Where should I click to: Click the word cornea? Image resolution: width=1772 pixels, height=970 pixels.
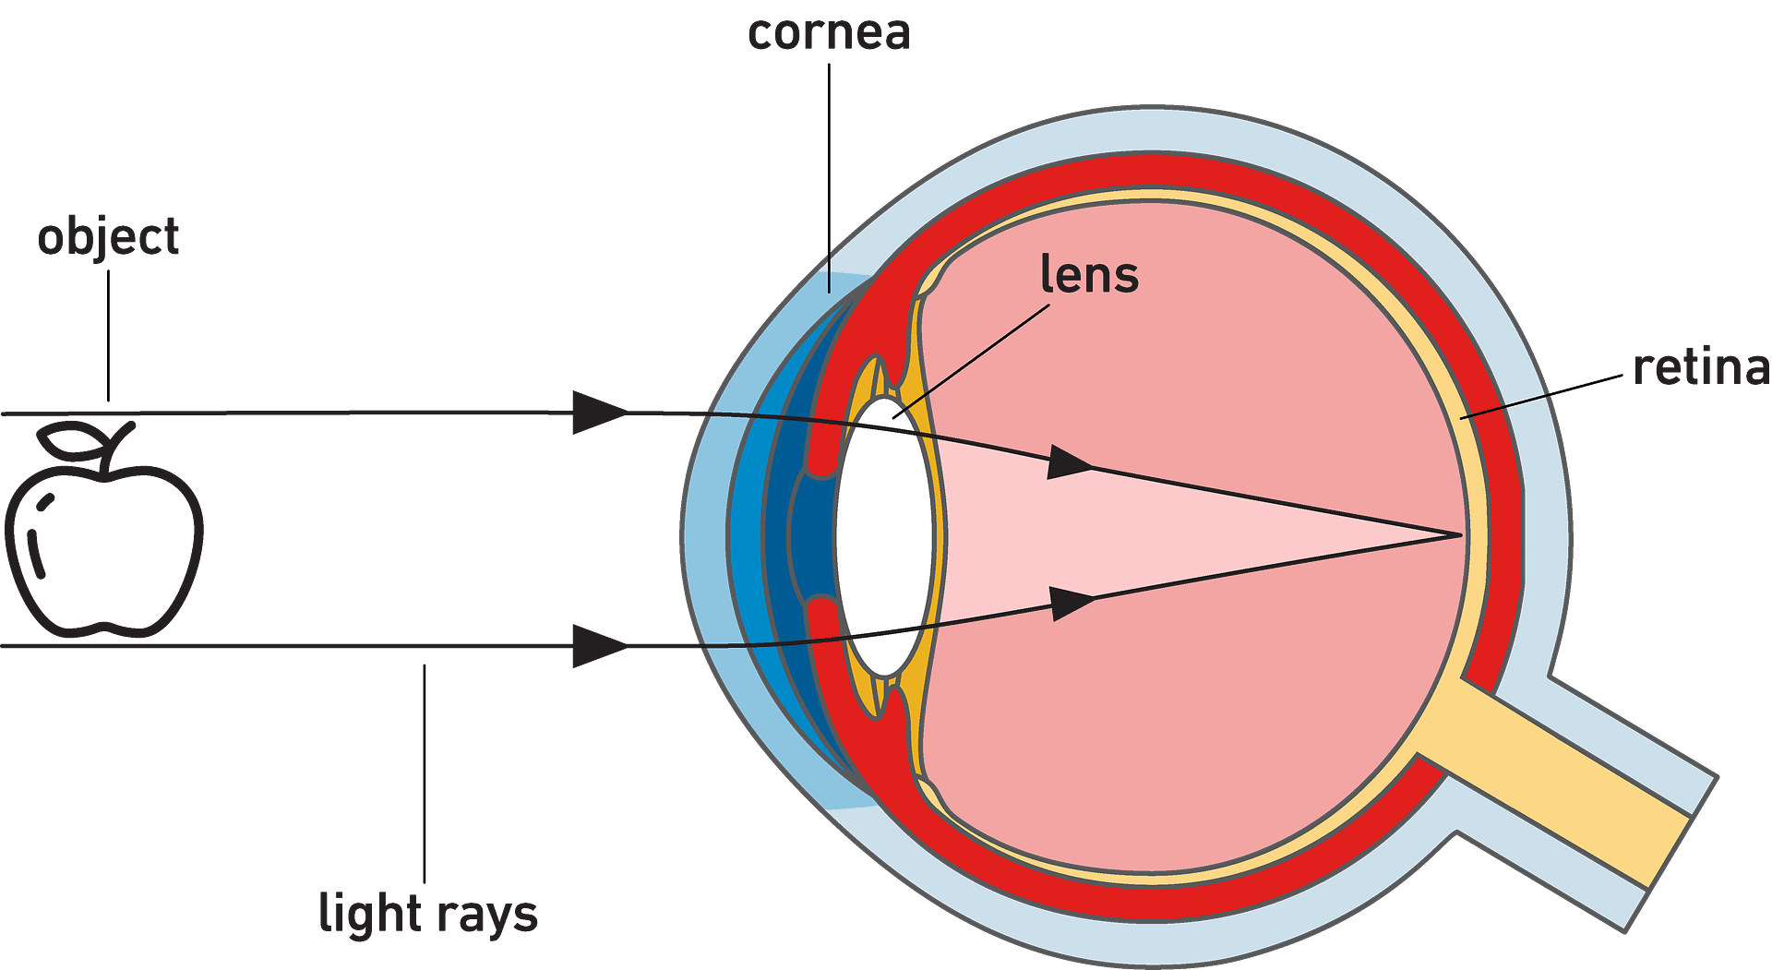click(x=829, y=33)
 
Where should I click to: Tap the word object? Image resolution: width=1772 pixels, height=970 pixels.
click(x=109, y=238)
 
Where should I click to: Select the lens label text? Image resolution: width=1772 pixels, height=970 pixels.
click(x=1089, y=274)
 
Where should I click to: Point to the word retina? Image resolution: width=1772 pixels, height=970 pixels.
click(x=1701, y=367)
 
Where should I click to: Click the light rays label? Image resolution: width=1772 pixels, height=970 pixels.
click(x=427, y=914)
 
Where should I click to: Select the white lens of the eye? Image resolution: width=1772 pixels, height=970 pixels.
click(x=883, y=535)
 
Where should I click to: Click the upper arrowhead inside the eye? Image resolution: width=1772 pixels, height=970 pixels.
click(x=1069, y=462)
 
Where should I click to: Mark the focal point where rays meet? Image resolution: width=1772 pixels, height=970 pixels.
click(x=1460, y=534)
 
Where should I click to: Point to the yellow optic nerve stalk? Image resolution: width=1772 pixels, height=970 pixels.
click(x=1560, y=784)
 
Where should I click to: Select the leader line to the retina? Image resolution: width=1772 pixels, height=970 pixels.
click(x=1504, y=407)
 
